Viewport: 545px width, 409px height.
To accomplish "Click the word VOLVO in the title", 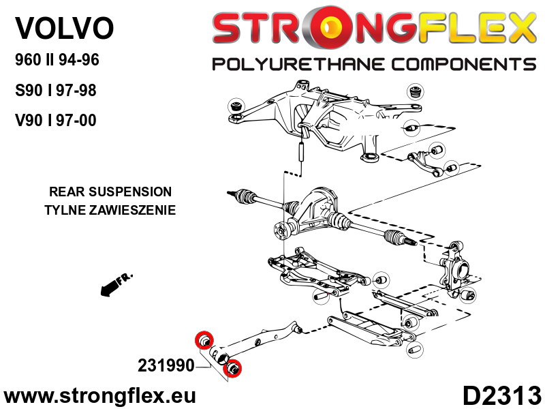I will coord(65,28).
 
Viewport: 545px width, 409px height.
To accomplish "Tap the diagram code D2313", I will coord(502,395).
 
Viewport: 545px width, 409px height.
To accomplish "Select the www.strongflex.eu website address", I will coord(100,395).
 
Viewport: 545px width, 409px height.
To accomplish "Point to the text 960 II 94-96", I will coord(57,60).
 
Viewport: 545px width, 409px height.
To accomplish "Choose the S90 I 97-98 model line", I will coord(56,91).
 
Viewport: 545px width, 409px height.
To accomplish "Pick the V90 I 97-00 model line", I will coord(56,121).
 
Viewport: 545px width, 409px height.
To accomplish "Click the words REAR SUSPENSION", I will coord(110,192).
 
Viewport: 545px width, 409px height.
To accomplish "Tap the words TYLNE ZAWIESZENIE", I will coord(110,210).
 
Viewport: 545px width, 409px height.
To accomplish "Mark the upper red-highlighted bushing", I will coord(204,339).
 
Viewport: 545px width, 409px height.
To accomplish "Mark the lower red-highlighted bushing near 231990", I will coord(234,367).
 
